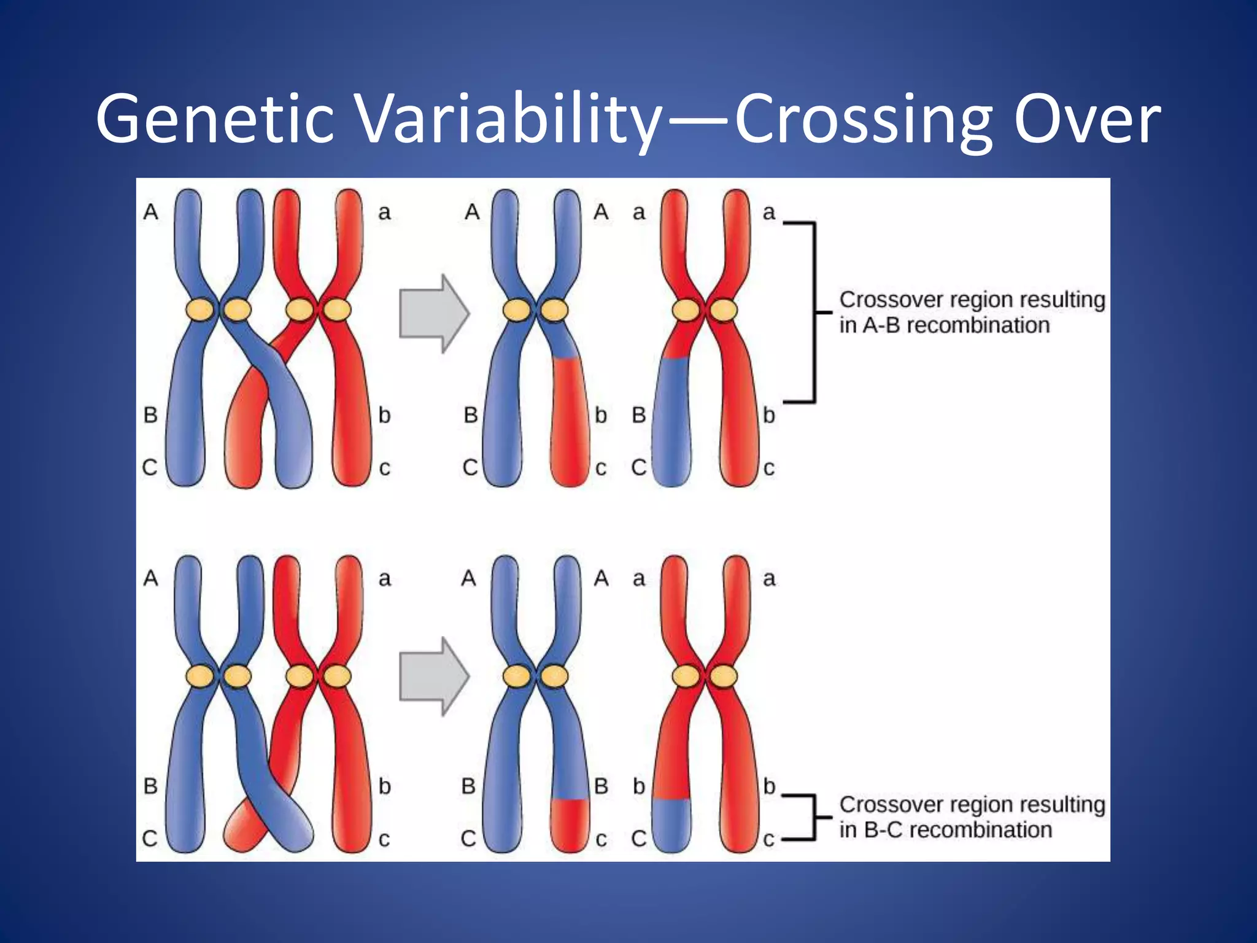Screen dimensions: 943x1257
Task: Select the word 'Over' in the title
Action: (x=1086, y=120)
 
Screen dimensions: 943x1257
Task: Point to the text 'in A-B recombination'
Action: (x=944, y=325)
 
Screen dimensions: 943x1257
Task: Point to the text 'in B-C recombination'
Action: (x=945, y=830)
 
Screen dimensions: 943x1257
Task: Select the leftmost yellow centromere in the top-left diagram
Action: (x=201, y=309)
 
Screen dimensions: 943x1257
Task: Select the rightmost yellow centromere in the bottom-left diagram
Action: (x=337, y=677)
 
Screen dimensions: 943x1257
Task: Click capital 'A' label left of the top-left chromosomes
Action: (x=150, y=212)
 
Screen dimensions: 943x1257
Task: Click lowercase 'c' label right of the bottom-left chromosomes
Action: (x=384, y=839)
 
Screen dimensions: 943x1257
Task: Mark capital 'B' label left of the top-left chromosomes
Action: (x=150, y=416)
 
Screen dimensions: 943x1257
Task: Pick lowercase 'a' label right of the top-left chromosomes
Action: (x=384, y=213)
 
